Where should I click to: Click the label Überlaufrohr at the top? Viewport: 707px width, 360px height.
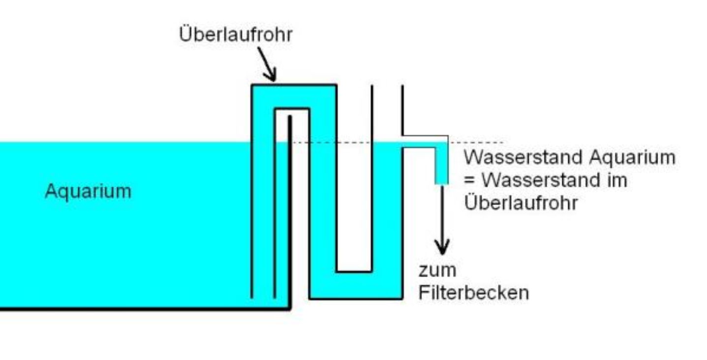click(x=236, y=35)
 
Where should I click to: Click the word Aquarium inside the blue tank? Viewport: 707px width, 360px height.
click(x=88, y=191)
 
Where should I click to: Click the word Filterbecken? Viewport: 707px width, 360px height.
click(x=473, y=293)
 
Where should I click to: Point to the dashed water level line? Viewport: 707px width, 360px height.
click(x=472, y=143)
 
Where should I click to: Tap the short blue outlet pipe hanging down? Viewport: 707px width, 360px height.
click(x=441, y=165)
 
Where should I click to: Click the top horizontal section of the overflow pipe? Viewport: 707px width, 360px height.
click(x=294, y=96)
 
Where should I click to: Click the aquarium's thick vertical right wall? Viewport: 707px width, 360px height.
click(x=290, y=211)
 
